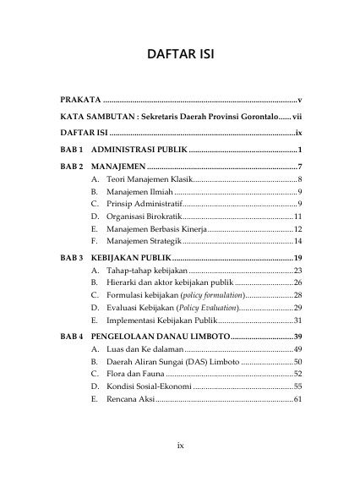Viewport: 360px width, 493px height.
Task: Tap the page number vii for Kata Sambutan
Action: [296, 117]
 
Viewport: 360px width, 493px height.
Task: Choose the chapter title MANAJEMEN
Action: [117, 166]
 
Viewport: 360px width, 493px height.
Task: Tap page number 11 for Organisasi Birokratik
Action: [297, 216]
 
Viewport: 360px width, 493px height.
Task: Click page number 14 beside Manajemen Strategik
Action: [297, 241]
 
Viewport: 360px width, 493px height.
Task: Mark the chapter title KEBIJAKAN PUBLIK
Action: [132, 257]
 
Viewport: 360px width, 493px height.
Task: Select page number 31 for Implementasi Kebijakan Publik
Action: [297, 320]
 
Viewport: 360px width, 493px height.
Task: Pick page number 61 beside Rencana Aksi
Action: [297, 397]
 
